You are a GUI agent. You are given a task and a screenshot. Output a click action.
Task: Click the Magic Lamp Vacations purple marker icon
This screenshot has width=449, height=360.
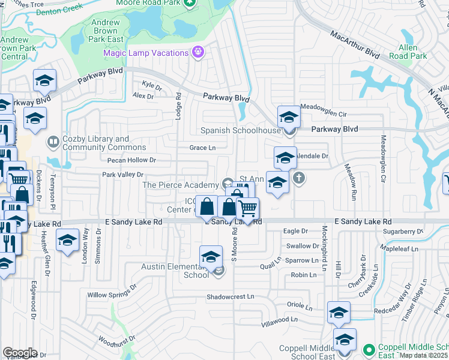point(197,52)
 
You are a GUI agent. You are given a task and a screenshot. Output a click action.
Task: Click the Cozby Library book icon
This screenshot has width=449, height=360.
point(53,142)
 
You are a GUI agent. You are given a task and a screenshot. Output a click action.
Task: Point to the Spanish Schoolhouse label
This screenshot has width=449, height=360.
point(249,131)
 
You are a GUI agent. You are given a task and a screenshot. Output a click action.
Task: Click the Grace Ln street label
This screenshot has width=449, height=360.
point(202,148)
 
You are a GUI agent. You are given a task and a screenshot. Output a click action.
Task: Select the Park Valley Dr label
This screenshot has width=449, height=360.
point(122,175)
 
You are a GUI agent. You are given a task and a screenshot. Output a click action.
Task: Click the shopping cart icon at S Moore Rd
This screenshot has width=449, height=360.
point(247,209)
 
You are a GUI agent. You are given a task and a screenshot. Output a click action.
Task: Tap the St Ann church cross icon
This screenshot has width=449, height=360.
point(299,178)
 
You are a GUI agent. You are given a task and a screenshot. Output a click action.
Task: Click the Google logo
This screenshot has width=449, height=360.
point(20,352)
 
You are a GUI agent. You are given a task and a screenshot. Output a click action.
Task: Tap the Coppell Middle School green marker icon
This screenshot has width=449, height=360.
point(371,348)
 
